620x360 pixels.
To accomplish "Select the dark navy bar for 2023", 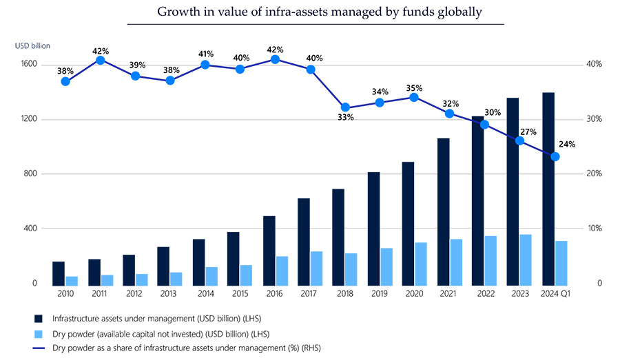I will pos(513,191).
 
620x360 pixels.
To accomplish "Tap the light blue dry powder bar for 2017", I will pos(316,268).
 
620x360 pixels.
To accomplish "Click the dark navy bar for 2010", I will pos(59,273).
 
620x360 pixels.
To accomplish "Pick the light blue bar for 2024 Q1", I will pos(561,262).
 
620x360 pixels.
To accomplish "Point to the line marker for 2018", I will pos(345,107).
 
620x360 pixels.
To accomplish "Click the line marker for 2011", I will pos(101,61).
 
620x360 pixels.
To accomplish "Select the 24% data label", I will pos(566,145).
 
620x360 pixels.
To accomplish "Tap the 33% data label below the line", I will pos(345,118).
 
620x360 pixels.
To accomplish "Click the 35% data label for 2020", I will pos(414,88).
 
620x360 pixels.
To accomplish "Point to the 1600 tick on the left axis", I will pos(30,65).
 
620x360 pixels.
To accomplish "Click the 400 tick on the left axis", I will pos(32,229).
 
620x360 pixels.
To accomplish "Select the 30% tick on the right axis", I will pos(594,119).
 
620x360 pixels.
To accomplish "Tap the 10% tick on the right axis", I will pos(594,229).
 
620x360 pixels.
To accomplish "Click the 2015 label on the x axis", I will pos(240,294).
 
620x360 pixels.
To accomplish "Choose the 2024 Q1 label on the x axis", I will pos(556,294).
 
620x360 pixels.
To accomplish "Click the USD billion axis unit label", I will pos(32,46).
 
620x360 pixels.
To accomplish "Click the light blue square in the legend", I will pos(40,333).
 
